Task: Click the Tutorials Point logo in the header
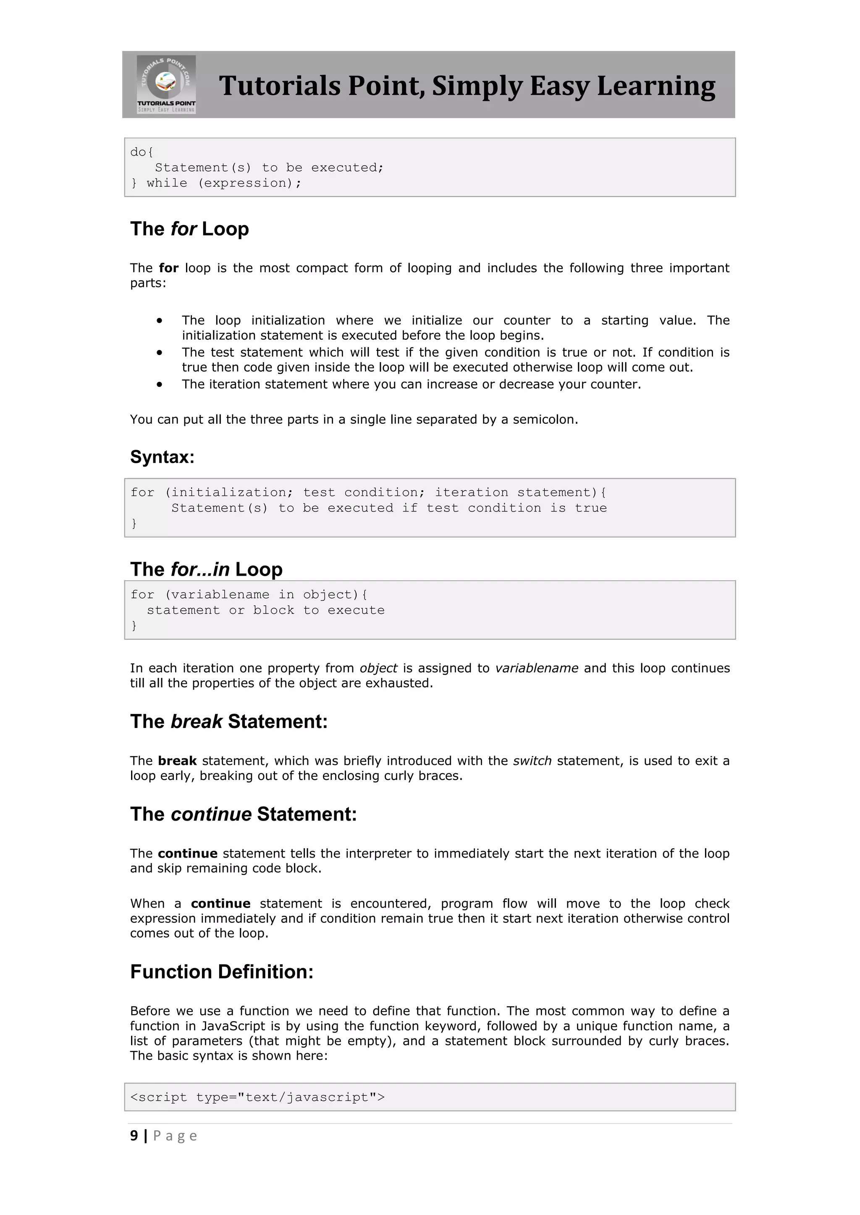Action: pos(166,84)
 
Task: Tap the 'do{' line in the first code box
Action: pos(142,152)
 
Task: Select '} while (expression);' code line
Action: pos(216,183)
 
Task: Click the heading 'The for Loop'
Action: pos(189,229)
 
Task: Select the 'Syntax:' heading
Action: pos(163,457)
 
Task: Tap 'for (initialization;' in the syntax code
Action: pos(211,493)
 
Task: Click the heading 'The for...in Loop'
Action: pos(207,569)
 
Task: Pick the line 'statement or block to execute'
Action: pos(266,610)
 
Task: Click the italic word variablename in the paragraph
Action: pos(536,668)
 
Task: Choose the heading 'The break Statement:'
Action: pos(229,722)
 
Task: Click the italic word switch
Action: pos(532,761)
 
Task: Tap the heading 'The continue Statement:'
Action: pos(244,814)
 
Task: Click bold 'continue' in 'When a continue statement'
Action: pos(221,904)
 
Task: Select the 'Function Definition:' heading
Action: pos(222,972)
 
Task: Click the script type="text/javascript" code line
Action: pos(257,1098)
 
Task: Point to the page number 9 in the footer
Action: pos(134,1136)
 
